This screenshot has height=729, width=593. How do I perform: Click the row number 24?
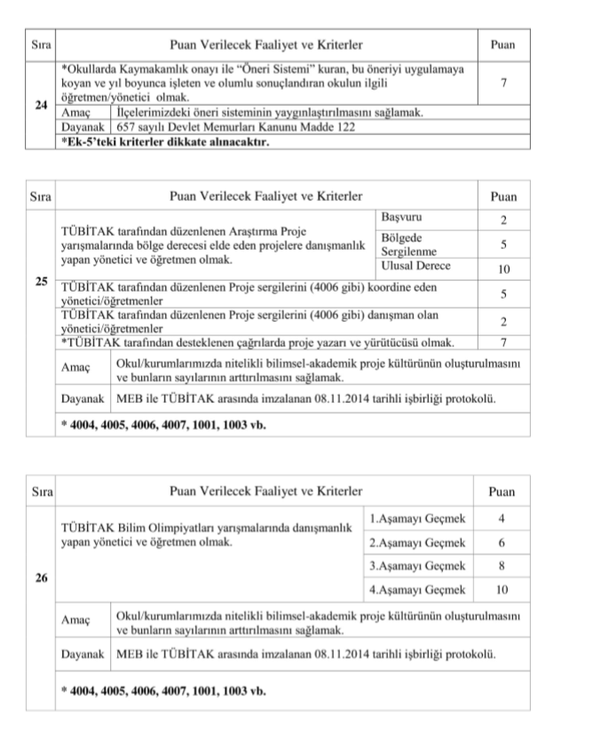click(41, 105)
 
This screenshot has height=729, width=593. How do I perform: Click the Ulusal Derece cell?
click(415, 266)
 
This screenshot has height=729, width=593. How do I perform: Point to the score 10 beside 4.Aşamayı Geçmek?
click(502, 589)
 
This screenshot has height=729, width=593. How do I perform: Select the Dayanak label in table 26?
click(82, 654)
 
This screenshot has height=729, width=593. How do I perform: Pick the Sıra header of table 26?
click(41, 491)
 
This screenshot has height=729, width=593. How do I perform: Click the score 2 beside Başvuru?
click(502, 219)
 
